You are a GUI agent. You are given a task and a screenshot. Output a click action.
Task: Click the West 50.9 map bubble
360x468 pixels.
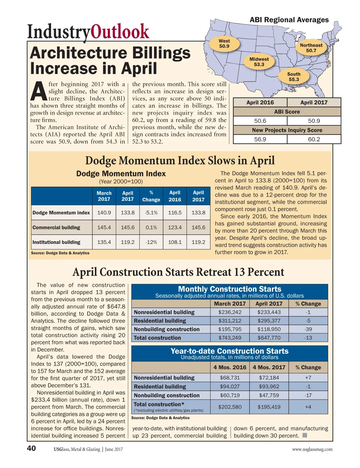pos(224,44)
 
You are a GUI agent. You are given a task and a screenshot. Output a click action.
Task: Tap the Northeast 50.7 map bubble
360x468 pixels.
pos(311,48)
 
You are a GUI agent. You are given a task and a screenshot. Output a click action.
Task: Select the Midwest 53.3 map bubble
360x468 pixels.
pos(259,62)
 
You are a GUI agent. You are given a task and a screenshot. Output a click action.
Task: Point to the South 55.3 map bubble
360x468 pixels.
pos(294,77)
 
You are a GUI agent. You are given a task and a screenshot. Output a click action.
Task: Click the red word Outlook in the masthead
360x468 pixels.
pos(120,32)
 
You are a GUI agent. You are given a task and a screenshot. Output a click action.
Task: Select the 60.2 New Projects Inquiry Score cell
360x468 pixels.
pos(314,139)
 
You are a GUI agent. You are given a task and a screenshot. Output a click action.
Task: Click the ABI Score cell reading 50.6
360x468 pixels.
pos(260,121)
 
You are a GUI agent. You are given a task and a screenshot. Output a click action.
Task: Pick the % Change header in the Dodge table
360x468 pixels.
pos(151,196)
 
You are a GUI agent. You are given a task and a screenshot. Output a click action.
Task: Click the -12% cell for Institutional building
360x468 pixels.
pos(151,242)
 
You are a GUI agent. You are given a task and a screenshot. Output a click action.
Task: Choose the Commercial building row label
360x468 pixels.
pos(57,228)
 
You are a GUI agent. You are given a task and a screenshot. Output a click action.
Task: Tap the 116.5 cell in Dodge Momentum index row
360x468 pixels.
pos(175,213)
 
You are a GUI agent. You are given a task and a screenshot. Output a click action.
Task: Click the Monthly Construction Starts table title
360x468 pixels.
pos(230,289)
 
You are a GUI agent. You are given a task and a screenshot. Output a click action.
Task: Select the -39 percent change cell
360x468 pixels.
pos(308,329)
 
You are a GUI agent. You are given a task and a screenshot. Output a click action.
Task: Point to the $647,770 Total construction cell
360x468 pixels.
pos(269,338)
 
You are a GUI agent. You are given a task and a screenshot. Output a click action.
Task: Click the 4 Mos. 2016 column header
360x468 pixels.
pos(230,367)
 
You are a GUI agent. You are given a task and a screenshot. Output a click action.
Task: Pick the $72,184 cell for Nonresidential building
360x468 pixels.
pos(269,378)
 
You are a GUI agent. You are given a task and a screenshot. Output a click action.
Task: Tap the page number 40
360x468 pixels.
pos(31,448)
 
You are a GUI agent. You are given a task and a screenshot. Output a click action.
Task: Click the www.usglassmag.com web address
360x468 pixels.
pos(312,449)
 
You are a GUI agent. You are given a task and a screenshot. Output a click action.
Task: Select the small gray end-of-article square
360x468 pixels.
pos(305,436)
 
